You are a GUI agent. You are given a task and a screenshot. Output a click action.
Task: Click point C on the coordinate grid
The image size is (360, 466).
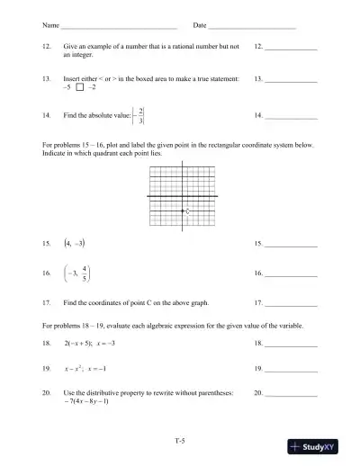186,211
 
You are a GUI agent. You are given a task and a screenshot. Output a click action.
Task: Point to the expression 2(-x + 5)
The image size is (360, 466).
77,344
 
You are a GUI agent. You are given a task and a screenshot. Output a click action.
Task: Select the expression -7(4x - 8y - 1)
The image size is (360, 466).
87,401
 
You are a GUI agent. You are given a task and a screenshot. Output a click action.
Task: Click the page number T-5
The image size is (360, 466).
180,440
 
